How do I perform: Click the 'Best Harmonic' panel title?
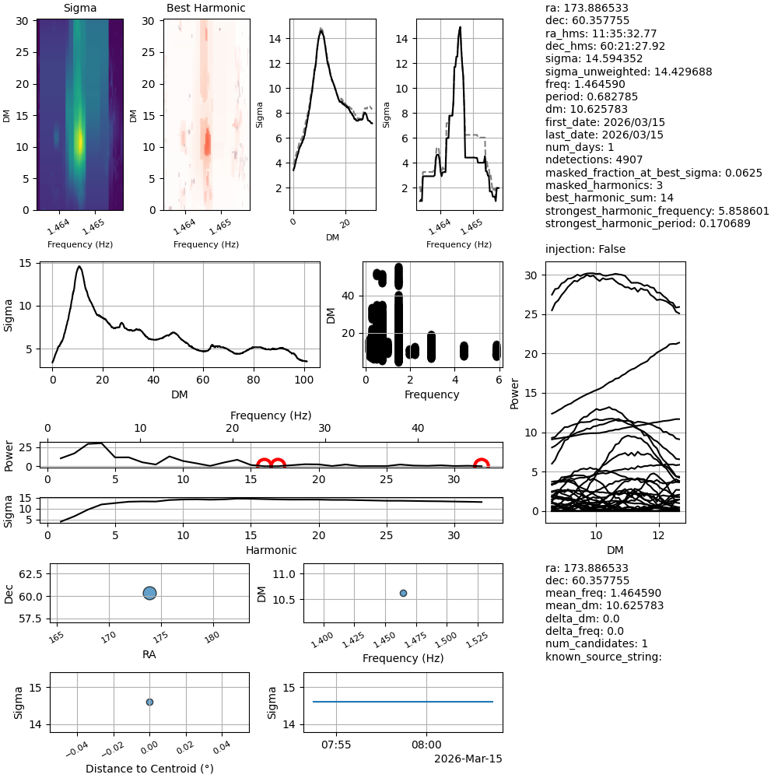(205, 8)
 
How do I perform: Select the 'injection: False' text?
(585, 249)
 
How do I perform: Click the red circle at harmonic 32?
(482, 466)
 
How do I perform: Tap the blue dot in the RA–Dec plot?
(150, 593)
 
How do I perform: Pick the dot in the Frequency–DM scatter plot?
(403, 593)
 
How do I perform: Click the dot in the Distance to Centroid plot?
(149, 702)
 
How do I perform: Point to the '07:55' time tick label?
(336, 744)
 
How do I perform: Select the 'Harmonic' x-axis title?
(272, 550)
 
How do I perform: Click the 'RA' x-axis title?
(149, 654)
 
